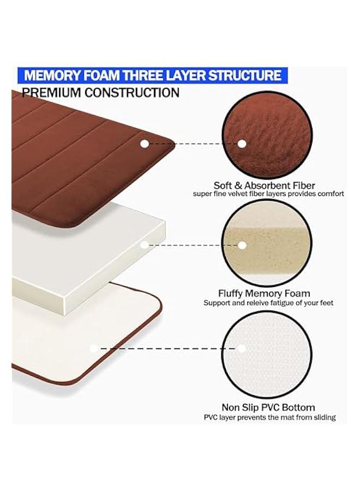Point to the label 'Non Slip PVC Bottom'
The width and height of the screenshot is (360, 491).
(x=268, y=407)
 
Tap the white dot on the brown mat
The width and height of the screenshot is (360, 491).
(x=145, y=144)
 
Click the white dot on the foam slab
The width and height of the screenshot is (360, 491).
(x=145, y=245)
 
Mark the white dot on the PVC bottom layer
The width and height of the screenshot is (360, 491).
(x=94, y=348)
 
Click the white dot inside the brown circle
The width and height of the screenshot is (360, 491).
(x=242, y=144)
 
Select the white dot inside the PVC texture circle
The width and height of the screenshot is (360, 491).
(x=242, y=348)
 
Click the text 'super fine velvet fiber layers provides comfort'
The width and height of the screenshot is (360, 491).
(x=268, y=194)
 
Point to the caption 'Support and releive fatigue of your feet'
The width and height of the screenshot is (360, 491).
(x=268, y=303)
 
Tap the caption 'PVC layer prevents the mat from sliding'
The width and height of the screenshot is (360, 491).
(x=269, y=417)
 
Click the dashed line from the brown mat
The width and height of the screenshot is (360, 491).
(x=194, y=144)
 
